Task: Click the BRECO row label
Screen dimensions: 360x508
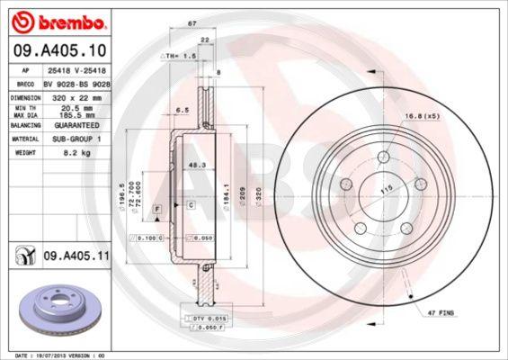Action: point(26,82)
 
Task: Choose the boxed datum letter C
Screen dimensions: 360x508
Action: point(191,207)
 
